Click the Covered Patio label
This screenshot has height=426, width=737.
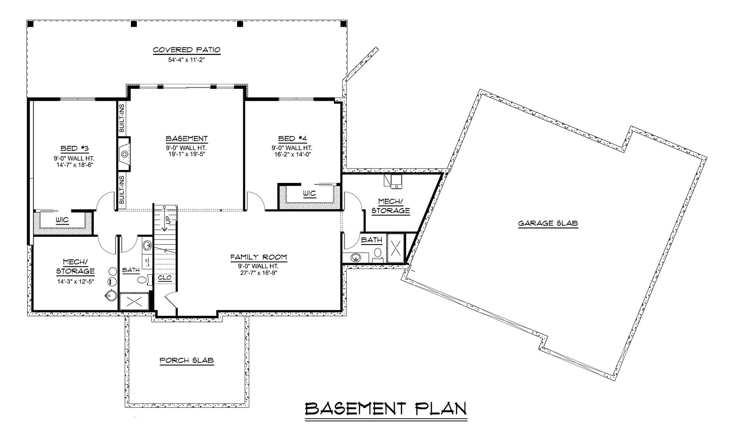coord(187,50)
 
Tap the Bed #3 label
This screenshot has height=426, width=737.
coord(74,148)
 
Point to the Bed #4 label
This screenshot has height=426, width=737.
coord(292,139)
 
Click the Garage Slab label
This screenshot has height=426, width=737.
coord(548,223)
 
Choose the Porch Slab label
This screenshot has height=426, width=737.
coord(187,361)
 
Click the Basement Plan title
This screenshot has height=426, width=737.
coord(386,408)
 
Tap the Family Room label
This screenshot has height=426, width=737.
coord(258,257)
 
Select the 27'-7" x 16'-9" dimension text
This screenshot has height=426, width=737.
coord(258,273)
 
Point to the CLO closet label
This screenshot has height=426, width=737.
coord(164,278)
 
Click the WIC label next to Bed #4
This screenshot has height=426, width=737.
coord(310,193)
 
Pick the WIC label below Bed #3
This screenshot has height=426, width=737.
coord(62,220)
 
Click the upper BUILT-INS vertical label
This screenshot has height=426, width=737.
coord(122,118)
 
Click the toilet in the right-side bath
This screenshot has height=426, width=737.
coord(378,253)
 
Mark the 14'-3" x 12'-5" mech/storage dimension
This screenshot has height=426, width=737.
coord(75,281)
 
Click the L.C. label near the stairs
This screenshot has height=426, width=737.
coord(147,262)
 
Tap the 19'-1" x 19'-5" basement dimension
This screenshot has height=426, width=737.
coord(187,155)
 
